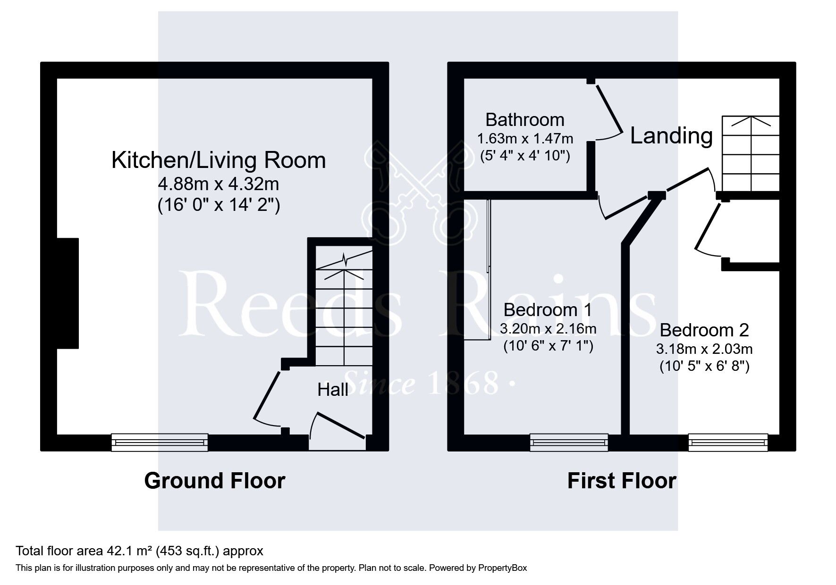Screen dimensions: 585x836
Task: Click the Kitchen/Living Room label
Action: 219,160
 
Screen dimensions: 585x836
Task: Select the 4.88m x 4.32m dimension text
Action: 219,184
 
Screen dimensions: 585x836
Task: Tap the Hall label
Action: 333,390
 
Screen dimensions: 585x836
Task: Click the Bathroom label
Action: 524,120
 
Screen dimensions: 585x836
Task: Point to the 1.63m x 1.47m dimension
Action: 524,139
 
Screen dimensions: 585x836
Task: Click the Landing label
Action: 671,136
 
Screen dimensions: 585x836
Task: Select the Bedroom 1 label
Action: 547,310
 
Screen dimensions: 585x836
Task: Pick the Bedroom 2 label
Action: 704,330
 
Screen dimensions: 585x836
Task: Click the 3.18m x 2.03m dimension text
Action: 704,349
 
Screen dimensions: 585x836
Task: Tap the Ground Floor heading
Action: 214,481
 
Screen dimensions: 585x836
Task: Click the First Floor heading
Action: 621,481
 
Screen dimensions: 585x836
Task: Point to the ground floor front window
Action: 160,442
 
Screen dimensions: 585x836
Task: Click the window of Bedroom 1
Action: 568,442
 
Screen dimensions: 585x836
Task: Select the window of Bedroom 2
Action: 727,442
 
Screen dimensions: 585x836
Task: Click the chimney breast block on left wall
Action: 68,293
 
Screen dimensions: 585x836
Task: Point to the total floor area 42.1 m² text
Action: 139,551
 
